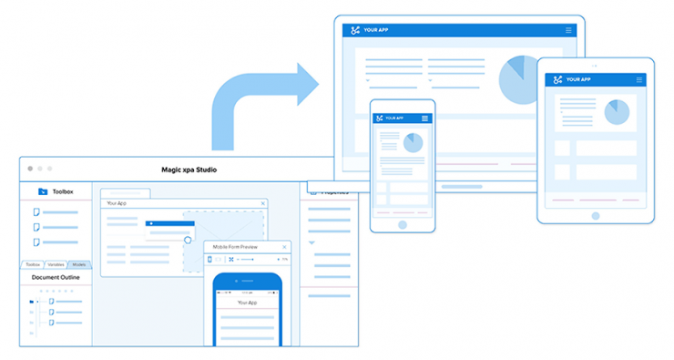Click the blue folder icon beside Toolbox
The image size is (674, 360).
click(43, 191)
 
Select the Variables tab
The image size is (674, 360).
click(56, 264)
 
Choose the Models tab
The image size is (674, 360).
click(79, 264)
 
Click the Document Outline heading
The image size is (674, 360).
click(56, 277)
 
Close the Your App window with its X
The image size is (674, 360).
click(263, 203)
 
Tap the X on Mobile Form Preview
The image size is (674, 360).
click(285, 247)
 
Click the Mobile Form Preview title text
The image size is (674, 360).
click(235, 247)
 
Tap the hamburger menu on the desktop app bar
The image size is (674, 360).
click(569, 30)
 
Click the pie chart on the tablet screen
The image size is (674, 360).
click(617, 112)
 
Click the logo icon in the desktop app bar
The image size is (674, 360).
click(353, 30)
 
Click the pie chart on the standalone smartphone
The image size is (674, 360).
click(414, 143)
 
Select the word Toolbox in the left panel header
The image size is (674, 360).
click(63, 191)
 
